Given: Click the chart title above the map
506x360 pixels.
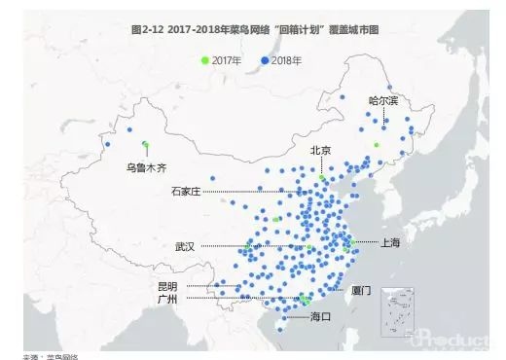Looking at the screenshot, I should tap(253, 31).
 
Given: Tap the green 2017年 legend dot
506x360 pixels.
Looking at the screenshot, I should tap(205, 60).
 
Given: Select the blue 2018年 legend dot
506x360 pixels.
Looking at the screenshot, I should tap(265, 60).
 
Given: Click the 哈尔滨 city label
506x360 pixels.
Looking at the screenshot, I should tap(383, 100).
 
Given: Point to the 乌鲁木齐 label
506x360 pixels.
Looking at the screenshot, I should tap(146, 166).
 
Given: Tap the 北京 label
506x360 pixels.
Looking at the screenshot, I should tap(320, 150).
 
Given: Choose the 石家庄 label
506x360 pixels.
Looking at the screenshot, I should tap(185, 192).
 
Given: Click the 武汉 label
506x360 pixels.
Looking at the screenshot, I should tap(185, 247).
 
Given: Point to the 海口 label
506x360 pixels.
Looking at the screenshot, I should tap(320, 317).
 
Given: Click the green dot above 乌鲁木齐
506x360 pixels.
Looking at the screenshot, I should tap(145, 145).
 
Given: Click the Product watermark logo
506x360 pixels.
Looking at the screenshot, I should tap(462, 342).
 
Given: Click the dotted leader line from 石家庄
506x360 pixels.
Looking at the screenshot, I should tap(253, 192).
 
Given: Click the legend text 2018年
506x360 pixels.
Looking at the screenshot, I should tap(286, 60).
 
